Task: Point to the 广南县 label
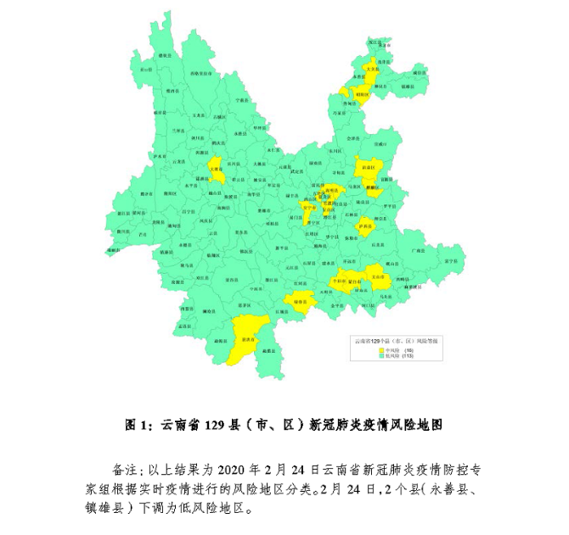(418, 251)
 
